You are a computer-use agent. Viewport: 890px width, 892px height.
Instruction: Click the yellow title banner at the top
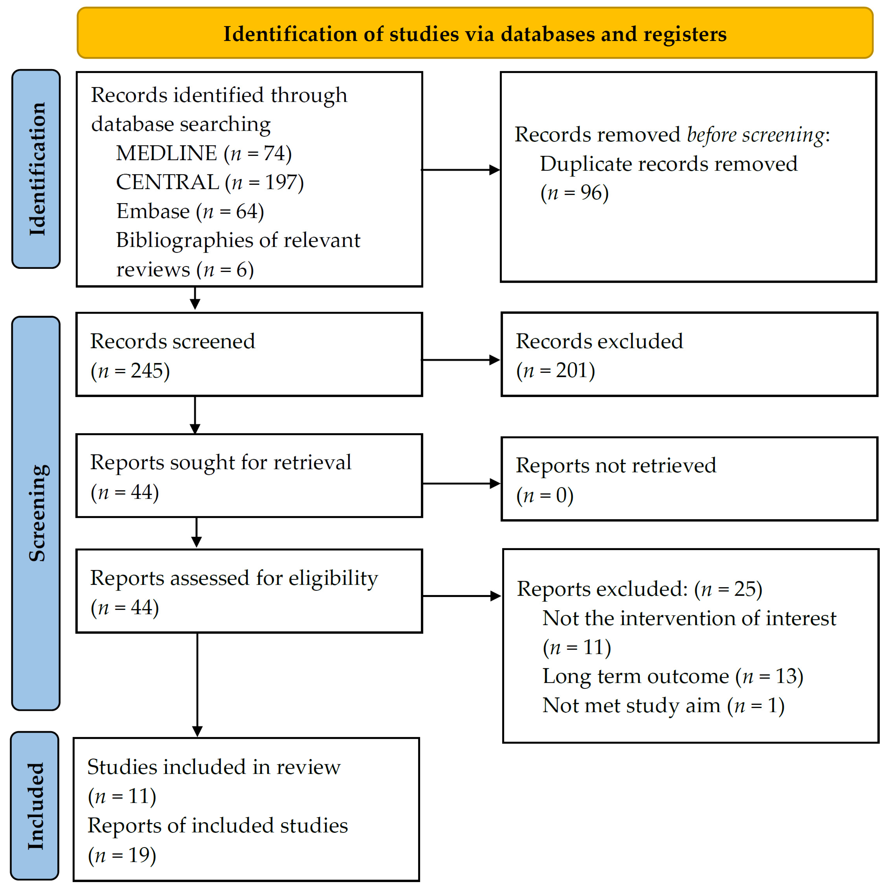click(x=475, y=33)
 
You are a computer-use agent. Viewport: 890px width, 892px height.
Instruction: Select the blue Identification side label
click(x=36, y=169)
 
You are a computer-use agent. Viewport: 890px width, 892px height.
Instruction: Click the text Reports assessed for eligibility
click(x=234, y=578)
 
